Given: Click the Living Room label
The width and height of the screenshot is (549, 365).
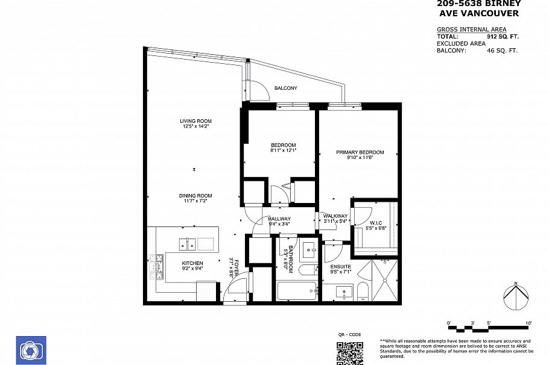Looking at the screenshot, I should tap(195, 121).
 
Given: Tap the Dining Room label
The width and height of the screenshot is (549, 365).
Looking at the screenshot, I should tap(195, 196).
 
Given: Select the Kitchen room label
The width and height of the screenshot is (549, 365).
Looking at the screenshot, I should tap(192, 263).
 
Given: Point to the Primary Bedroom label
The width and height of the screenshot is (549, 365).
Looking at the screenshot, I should tap(360, 152).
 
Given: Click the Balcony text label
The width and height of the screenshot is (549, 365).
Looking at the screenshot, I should tap(285, 89).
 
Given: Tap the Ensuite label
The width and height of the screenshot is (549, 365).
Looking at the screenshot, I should tap(340, 266).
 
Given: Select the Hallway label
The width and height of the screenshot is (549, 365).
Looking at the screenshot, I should tap(279, 219).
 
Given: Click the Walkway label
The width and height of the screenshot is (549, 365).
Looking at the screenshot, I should tap(335, 216).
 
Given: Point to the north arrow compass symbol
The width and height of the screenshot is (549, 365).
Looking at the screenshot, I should tap(516, 296).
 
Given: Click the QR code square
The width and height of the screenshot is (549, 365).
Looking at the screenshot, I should tap(349, 352).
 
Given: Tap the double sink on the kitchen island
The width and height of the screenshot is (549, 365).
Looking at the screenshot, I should tap(187, 244).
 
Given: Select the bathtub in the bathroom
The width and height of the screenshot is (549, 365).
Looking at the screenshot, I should tap(296, 292).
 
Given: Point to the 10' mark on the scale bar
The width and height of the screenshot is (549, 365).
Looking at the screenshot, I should tap(528, 323).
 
